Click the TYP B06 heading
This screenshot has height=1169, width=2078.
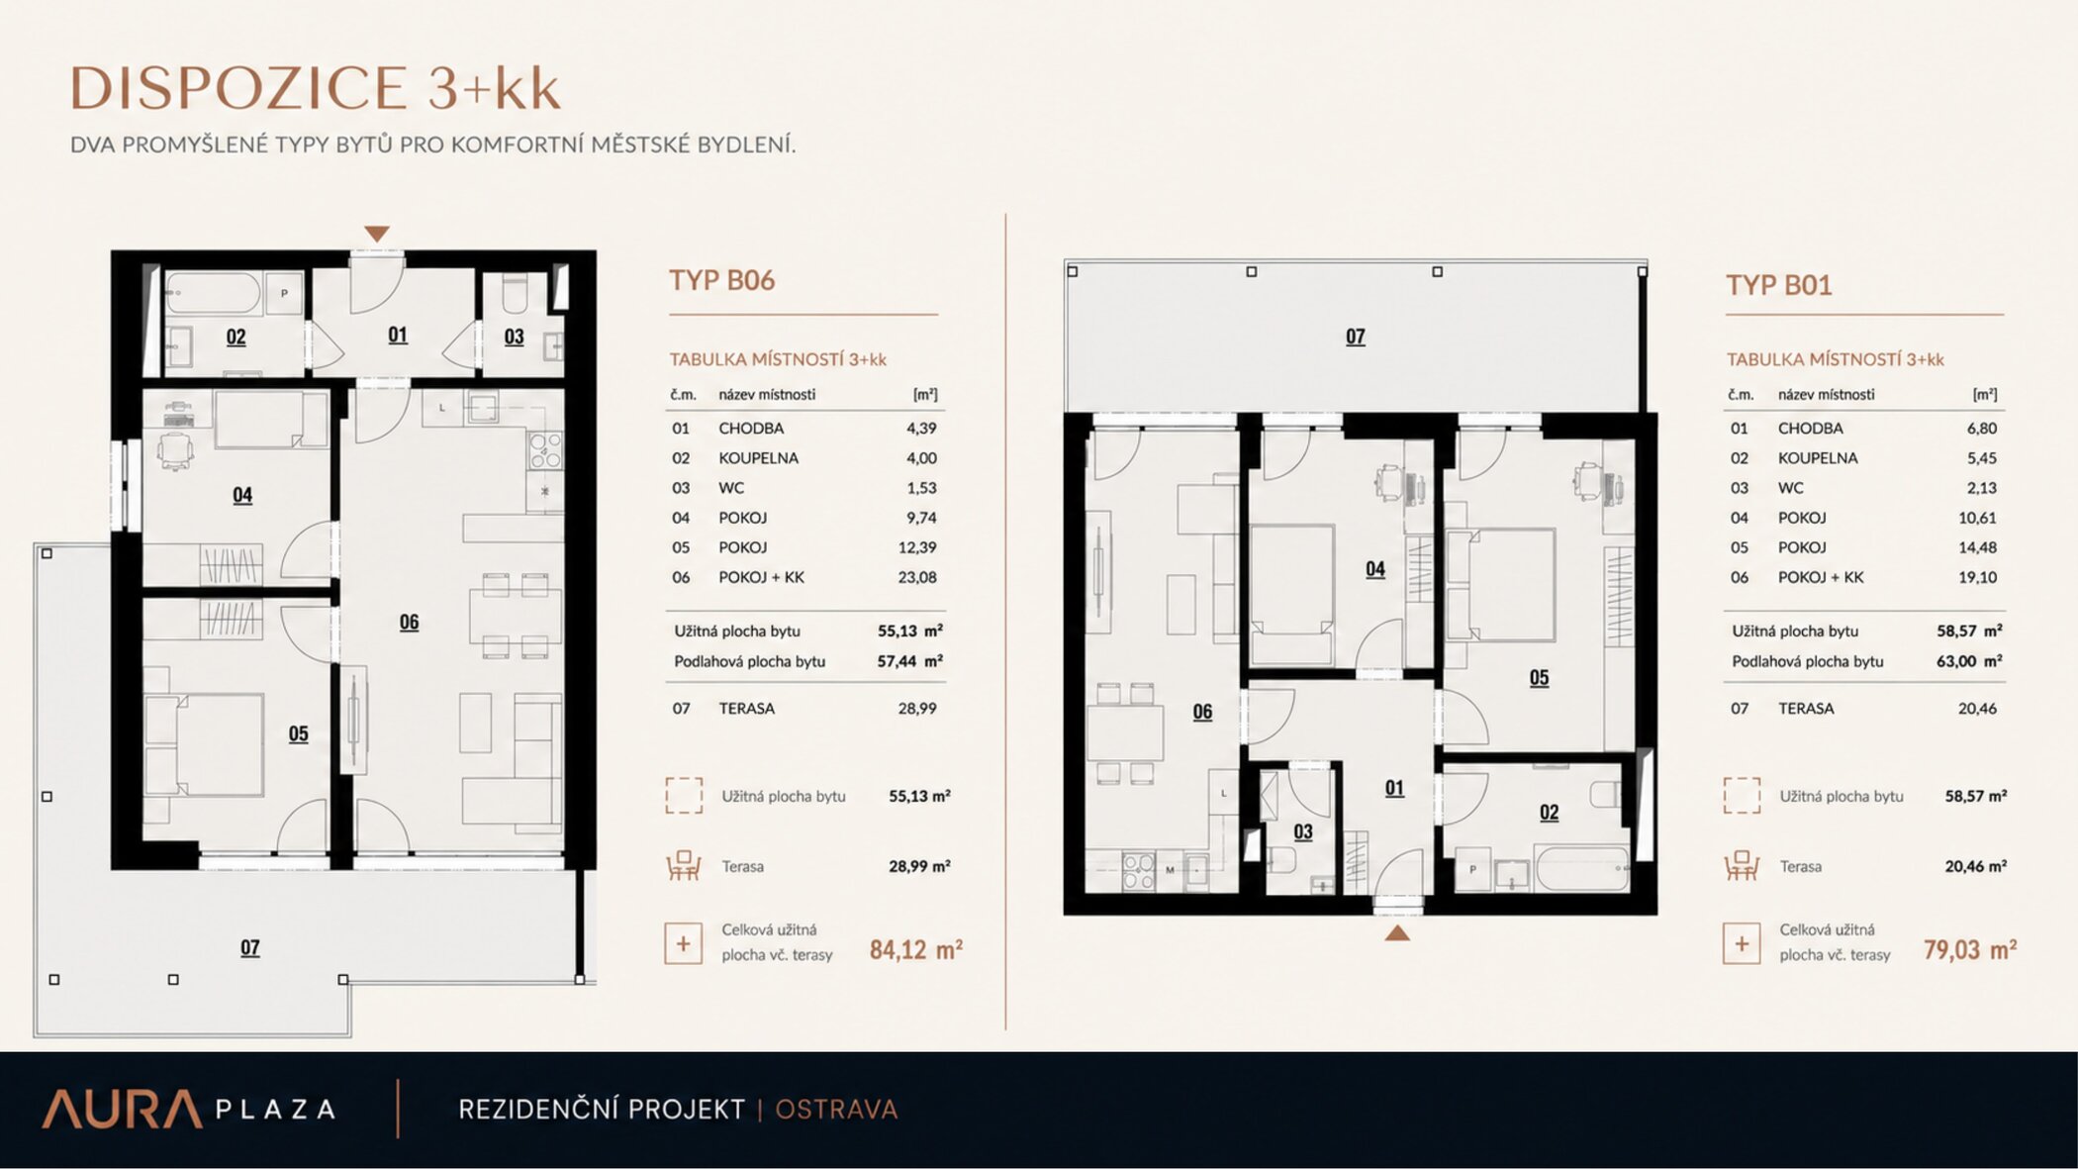tap(721, 280)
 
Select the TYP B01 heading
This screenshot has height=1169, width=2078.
tap(1779, 285)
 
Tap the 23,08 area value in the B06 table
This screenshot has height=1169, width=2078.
tap(917, 577)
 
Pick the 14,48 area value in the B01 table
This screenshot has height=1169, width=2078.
tap(1977, 547)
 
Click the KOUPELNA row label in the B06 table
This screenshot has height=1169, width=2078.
tap(758, 458)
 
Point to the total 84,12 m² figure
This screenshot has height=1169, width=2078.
tap(916, 950)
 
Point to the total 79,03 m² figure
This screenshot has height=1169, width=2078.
tap(1970, 950)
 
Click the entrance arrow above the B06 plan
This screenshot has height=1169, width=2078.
tap(376, 234)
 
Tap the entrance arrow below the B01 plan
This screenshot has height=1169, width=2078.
tap(1397, 932)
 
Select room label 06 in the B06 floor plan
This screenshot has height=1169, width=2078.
tap(409, 623)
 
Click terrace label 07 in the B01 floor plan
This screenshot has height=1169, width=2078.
tap(1356, 337)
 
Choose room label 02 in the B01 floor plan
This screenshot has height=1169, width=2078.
tap(1549, 813)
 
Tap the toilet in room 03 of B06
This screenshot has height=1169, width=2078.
tap(515, 293)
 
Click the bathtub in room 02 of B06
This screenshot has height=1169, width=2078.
tap(213, 294)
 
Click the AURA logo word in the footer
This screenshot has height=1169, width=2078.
tap(122, 1110)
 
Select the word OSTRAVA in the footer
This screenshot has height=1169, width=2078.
tap(836, 1110)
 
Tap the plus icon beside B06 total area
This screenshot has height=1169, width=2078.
tap(683, 943)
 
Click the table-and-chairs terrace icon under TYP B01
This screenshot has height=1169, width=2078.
tap(1742, 866)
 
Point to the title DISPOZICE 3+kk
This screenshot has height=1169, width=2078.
tap(315, 88)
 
